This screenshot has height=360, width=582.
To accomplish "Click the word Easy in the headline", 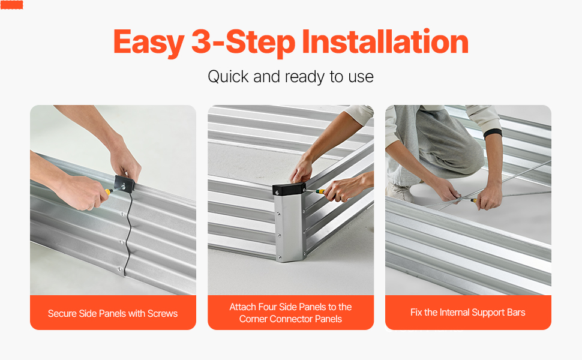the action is [148, 43].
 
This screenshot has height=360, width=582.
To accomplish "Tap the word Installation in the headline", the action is [385, 41].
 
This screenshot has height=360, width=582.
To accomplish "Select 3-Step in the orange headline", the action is [243, 43].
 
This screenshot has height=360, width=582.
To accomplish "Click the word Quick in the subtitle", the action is [228, 77].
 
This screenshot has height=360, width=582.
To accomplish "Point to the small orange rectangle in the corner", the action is [12, 5].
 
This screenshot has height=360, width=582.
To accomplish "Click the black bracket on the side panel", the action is [125, 184].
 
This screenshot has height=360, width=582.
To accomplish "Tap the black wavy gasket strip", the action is [127, 234].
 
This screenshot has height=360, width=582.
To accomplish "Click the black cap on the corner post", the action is [289, 189].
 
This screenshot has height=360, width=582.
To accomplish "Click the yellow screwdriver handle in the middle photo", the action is [320, 192].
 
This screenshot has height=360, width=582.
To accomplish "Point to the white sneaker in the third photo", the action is [399, 192].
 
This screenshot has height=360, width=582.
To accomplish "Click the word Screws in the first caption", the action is [163, 314].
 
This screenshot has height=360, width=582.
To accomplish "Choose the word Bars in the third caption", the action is [516, 313].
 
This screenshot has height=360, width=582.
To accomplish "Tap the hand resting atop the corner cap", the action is [301, 172].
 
